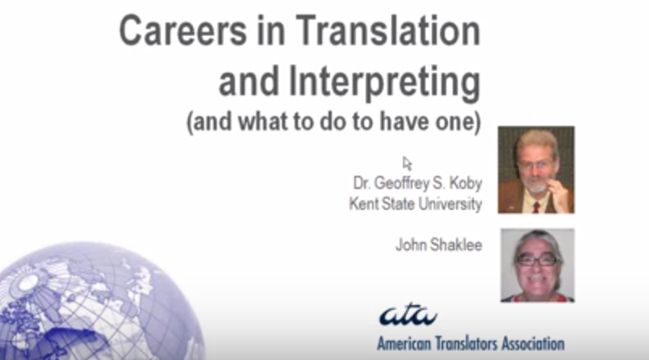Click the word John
[x=408, y=244]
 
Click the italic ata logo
[x=407, y=313]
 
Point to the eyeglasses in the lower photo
[x=536, y=259]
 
